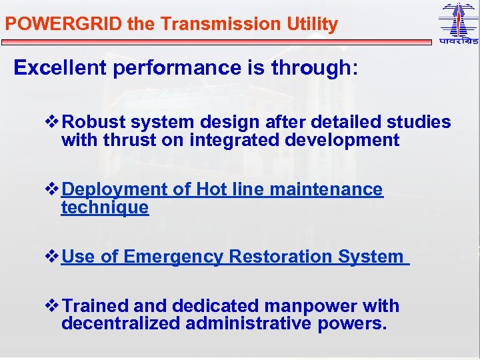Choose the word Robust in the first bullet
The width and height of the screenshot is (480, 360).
[95, 123]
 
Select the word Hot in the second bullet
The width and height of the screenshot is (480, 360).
[212, 190]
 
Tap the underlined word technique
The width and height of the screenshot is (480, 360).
[105, 207]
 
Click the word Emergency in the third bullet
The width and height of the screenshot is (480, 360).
[174, 257]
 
